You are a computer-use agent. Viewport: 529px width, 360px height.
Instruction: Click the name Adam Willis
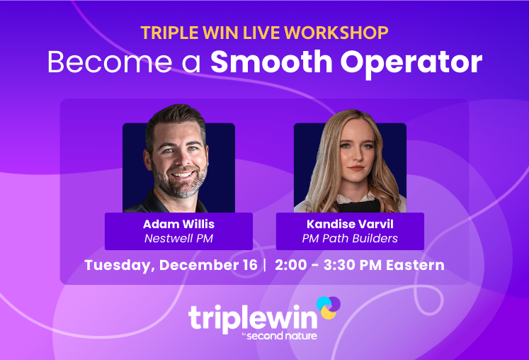[x=178, y=225]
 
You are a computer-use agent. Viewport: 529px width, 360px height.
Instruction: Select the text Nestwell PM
[x=178, y=239]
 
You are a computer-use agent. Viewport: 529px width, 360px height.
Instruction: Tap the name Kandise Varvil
[x=350, y=225]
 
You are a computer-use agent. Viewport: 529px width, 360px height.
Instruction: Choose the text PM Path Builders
[x=350, y=239]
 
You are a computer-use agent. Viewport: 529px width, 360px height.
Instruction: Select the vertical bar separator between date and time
[x=264, y=266]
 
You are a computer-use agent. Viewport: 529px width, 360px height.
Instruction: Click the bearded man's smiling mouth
[x=182, y=175]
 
